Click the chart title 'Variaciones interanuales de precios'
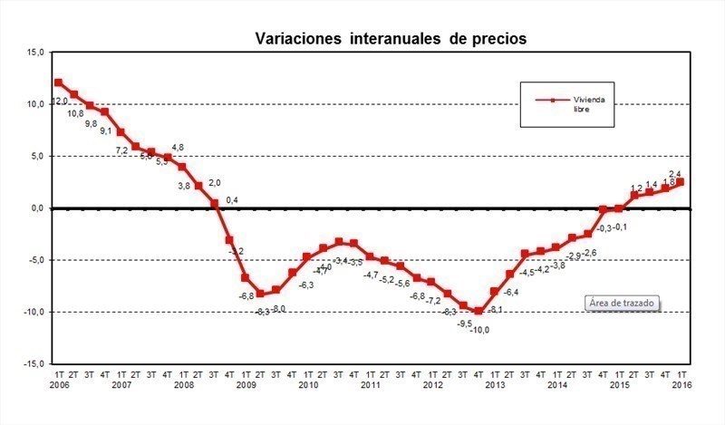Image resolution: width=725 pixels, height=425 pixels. click(390, 39)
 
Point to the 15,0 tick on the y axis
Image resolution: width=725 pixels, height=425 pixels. click(34, 53)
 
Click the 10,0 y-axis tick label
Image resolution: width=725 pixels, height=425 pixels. click(34, 104)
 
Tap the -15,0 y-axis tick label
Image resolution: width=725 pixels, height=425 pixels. click(33, 363)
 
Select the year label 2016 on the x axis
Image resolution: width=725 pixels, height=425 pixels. click(682, 385)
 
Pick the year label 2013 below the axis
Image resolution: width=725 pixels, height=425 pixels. click(495, 385)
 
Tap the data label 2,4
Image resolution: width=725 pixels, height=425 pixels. click(675, 174)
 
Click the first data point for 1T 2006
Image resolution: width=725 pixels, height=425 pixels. click(59, 83)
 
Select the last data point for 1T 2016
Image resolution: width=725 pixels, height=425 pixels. click(681, 182)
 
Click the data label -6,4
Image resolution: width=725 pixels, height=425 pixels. click(511, 293)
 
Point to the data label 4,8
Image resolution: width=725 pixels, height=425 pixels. click(178, 147)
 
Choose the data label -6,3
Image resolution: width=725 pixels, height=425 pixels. click(306, 285)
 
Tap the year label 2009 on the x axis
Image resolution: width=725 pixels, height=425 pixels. click(246, 385)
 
